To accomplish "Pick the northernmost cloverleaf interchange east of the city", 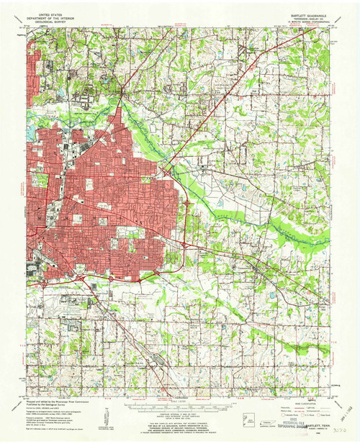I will (x=168, y=173).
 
